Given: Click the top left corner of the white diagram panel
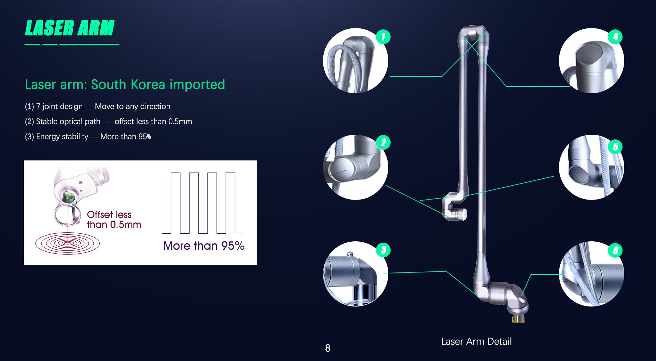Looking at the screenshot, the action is point(24,161).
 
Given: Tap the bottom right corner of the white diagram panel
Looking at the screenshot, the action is point(257,264).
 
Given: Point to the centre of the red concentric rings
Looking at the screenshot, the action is point(68,243).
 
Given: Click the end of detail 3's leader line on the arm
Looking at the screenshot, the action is point(478,296).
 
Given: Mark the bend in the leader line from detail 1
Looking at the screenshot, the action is point(442,77).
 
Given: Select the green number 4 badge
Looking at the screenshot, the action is point(615,37).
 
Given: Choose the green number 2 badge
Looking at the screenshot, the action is point(383,143).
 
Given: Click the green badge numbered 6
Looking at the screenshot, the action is point(615,250).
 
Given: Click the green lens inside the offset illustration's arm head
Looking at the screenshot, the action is point(69,197).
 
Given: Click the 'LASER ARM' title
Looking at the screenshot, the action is point(70,28).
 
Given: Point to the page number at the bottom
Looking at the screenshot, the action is point(328,348).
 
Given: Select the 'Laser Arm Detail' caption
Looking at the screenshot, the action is point(476,341).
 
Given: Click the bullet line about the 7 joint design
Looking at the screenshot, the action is point(98,106).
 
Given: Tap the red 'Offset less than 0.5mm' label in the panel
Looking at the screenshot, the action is point(114,220).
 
